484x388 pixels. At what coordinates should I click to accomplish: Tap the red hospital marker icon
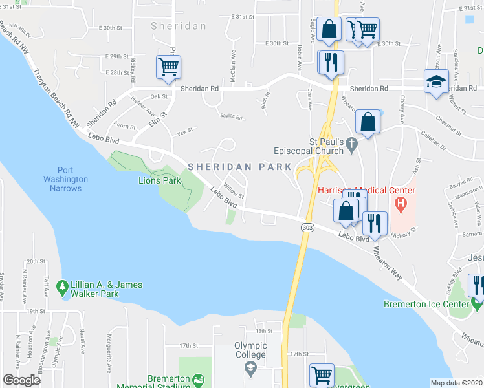click(x=401, y=206)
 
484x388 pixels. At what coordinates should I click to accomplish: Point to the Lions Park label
click(x=160, y=180)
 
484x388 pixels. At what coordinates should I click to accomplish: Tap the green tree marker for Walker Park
click(x=62, y=285)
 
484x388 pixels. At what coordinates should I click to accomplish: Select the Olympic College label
click(x=250, y=350)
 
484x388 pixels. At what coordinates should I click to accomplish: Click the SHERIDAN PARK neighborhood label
click(x=240, y=166)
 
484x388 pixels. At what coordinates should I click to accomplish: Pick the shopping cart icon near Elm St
click(x=168, y=67)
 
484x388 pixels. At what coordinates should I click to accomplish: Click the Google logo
click(x=21, y=380)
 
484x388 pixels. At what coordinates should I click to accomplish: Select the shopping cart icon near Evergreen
click(x=322, y=374)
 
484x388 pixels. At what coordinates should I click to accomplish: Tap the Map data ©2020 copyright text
click(x=456, y=383)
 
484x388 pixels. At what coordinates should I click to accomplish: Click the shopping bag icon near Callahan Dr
click(x=368, y=122)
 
